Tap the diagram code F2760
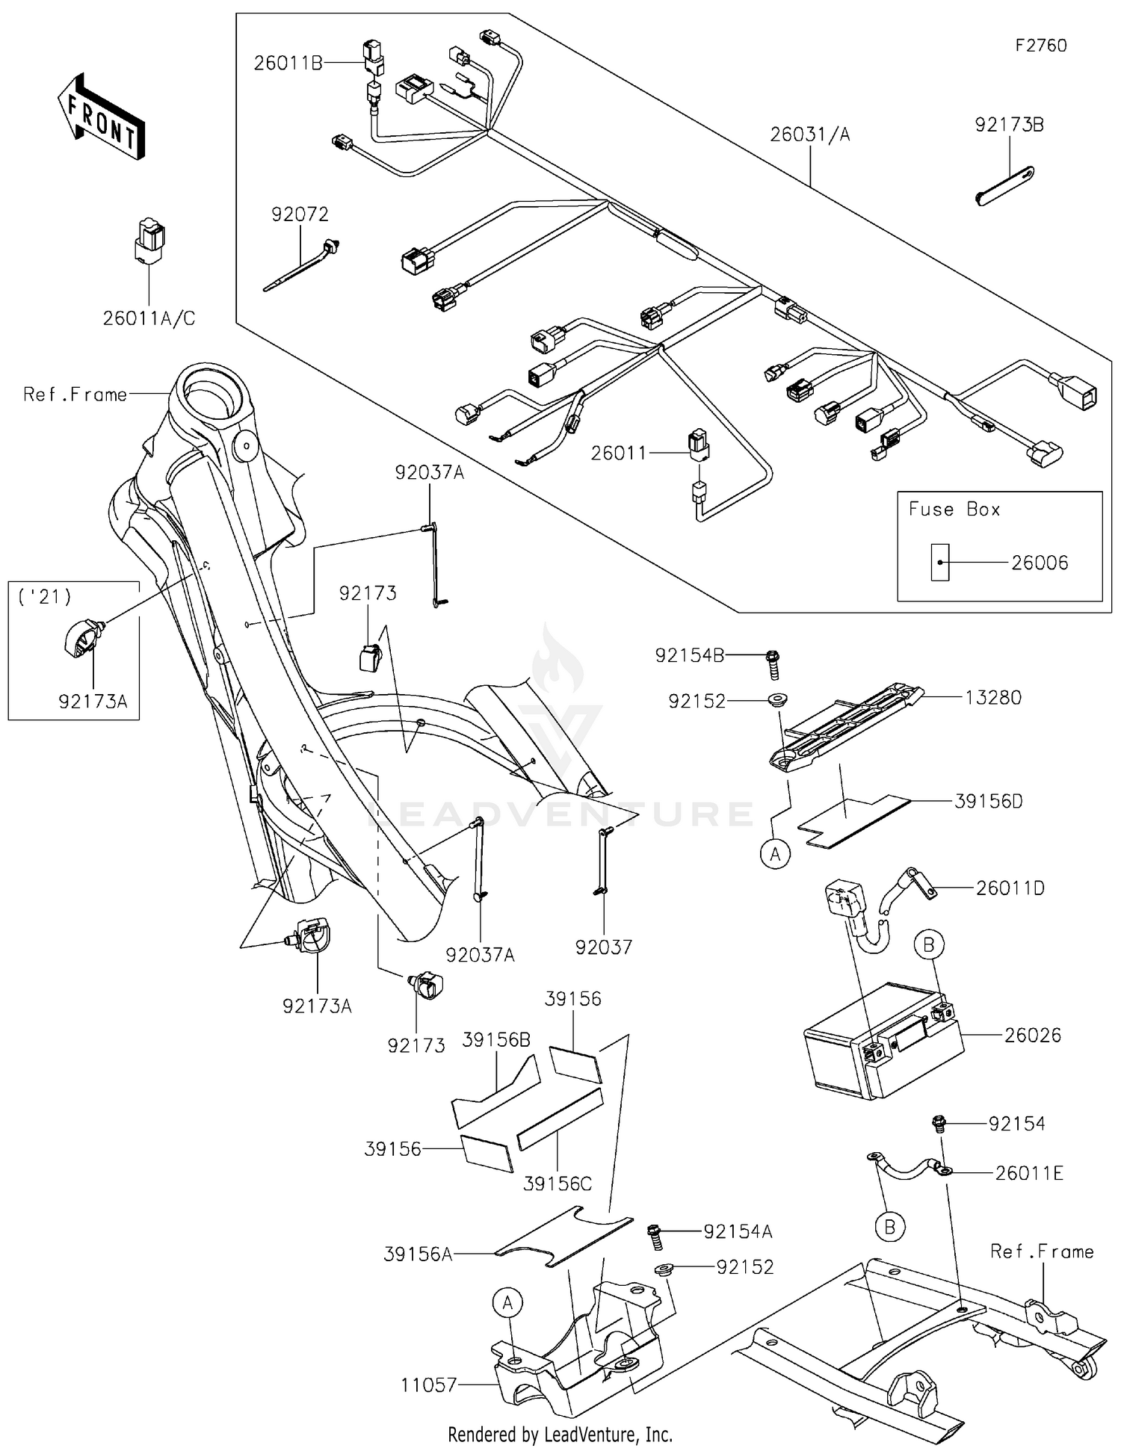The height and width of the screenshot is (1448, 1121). (1040, 46)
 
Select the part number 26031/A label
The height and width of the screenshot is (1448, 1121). (810, 134)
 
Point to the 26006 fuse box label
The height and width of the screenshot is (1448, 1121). (1040, 563)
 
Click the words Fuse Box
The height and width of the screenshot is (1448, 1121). (954, 510)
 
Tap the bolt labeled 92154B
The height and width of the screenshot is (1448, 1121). (773, 663)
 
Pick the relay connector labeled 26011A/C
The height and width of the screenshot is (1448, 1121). (149, 241)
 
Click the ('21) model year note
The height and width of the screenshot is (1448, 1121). (46, 597)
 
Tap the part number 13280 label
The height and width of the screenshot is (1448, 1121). (992, 698)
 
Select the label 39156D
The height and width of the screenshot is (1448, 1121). (988, 801)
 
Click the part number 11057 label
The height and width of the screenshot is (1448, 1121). (428, 1385)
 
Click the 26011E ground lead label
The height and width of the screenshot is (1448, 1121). (1028, 1173)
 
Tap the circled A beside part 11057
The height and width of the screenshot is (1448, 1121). (507, 1304)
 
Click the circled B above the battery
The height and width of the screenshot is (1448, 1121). (928, 945)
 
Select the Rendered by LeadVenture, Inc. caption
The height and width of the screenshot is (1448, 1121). (560, 1435)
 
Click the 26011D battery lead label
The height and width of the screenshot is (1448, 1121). (1010, 888)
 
